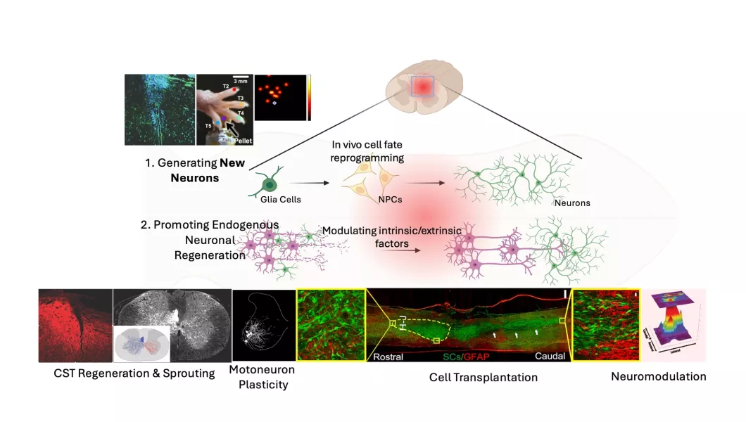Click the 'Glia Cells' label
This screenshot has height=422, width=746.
coord(281,199)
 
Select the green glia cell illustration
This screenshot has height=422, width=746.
coord(269,184)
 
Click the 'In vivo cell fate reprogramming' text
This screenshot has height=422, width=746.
coord(368,151)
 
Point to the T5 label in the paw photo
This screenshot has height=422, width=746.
coord(208,125)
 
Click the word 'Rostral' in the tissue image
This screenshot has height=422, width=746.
coord(388,357)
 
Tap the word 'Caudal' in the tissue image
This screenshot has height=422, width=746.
coord(550,357)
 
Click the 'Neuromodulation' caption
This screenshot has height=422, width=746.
coord(658,376)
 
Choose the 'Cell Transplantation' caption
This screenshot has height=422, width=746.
coord(483,378)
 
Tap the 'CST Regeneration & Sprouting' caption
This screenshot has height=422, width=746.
coord(134,373)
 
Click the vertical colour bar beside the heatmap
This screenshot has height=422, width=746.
coord(309,97)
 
